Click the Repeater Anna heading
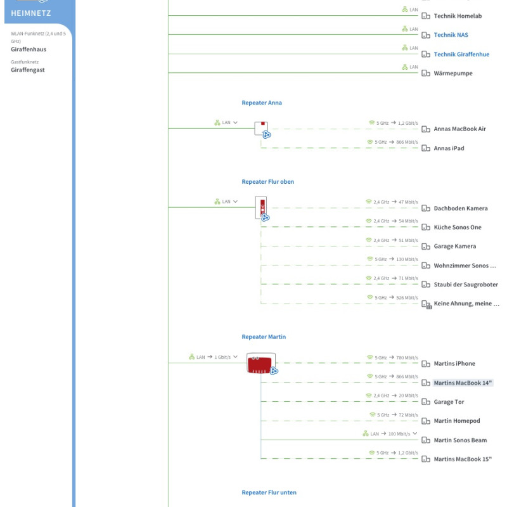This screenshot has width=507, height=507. pyautogui.click(x=261, y=103)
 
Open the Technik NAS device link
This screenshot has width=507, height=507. pyautogui.click(x=451, y=35)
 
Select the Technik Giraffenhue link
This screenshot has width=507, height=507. pyautogui.click(x=461, y=55)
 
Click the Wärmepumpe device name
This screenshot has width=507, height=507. pyautogui.click(x=452, y=74)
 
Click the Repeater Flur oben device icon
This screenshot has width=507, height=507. pyautogui.click(x=262, y=207)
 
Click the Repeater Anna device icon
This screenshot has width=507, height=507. pyautogui.click(x=262, y=128)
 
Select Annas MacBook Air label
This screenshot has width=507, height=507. pyautogui.click(x=459, y=129)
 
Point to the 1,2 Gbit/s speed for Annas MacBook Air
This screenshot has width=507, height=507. pyautogui.click(x=408, y=123)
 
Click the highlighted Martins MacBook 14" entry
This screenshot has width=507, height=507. pyautogui.click(x=463, y=383)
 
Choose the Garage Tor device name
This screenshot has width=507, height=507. pyautogui.click(x=449, y=402)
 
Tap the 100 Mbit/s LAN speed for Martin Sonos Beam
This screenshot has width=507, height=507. pyautogui.click(x=399, y=434)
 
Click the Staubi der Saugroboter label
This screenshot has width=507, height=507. pyautogui.click(x=465, y=285)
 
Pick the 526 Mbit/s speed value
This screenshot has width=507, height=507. pyautogui.click(x=407, y=298)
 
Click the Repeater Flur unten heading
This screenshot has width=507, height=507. pyautogui.click(x=269, y=492)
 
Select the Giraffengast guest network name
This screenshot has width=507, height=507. pyautogui.click(x=28, y=70)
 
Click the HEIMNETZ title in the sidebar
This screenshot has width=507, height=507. pyautogui.click(x=31, y=13)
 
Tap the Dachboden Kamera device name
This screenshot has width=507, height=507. pyautogui.click(x=460, y=209)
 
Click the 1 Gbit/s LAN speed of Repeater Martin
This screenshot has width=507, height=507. pyautogui.click(x=222, y=357)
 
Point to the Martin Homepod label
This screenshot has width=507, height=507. pyautogui.click(x=456, y=421)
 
